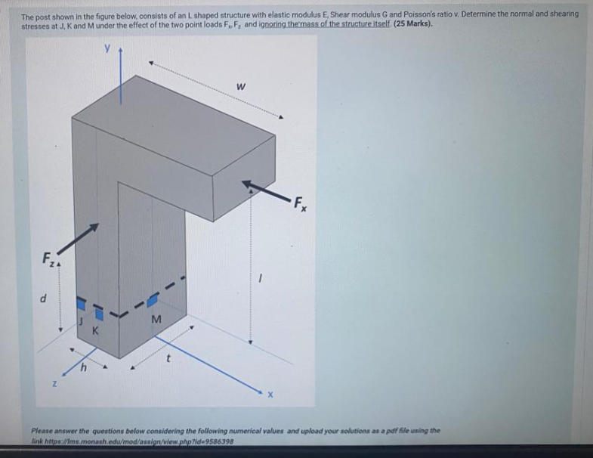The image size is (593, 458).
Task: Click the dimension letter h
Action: click(86, 369)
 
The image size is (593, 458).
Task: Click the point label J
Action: click(81, 321)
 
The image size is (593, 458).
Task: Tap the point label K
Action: click(95, 330)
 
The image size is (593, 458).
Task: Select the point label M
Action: click(156, 320)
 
